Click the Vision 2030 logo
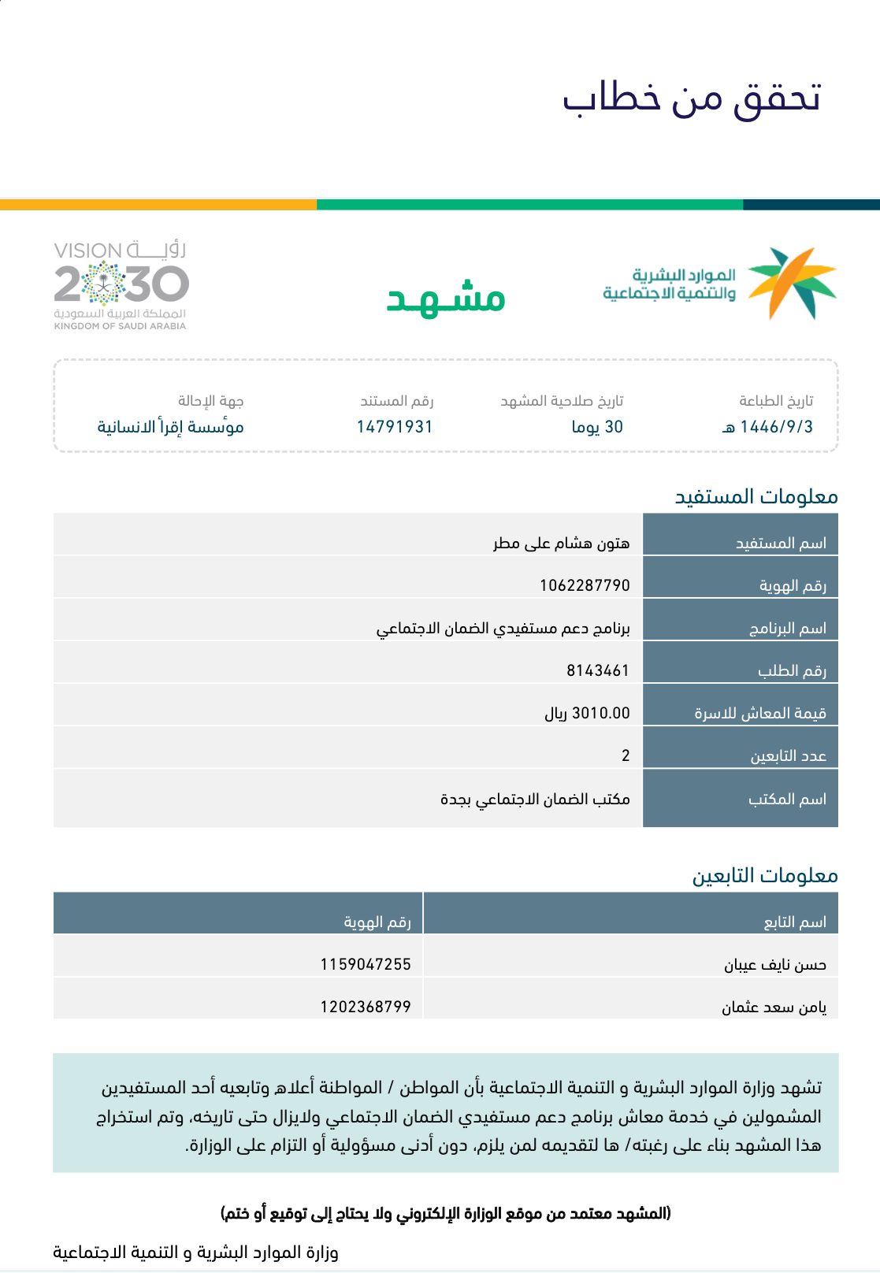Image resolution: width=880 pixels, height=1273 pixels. coord(121,285)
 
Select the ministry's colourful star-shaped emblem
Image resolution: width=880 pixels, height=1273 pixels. coord(791,283)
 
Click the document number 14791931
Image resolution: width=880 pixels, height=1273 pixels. coord(395,427)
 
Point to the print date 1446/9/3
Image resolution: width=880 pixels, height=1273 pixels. coord(768,427)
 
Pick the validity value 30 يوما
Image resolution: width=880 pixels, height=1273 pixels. coord(597,427)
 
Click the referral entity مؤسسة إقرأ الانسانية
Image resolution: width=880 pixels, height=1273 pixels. coord(170,427)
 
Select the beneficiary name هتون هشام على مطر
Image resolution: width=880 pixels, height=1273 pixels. coord(562,543)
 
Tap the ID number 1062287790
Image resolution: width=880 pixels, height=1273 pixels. coord(585,585)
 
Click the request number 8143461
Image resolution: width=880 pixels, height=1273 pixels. coord(598,670)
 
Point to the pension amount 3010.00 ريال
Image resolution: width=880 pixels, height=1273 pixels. coord(587,713)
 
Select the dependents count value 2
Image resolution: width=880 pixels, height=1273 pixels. coord(626,755)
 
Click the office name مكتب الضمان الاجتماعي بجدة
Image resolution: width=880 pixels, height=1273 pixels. coord(535,799)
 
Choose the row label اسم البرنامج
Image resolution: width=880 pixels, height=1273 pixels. coord(787,628)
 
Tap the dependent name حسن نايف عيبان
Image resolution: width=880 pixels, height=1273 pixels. coord(775,964)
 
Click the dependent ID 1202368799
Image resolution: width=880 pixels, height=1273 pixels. coord(366,1007)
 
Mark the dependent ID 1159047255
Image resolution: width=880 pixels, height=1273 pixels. coord(366,964)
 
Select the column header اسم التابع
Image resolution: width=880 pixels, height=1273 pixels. coord(795,922)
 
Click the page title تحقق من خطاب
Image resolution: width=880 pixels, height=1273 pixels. coord(692,98)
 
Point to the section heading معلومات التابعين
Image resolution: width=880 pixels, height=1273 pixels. coord(764,875)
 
